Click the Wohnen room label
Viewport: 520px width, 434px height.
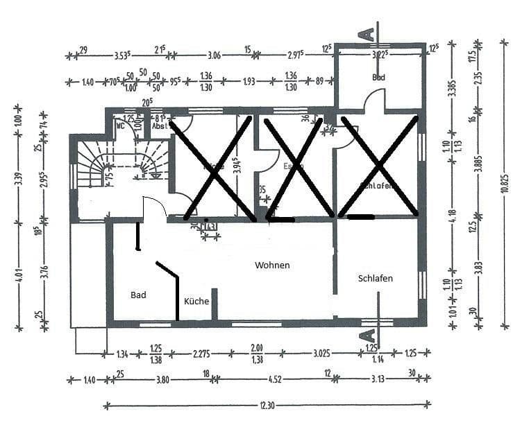point(272,266)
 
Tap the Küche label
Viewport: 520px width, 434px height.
point(196,302)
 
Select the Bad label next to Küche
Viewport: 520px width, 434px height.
point(139,295)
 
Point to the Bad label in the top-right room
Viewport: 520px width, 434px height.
point(378,77)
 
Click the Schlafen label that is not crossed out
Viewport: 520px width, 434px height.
point(376,279)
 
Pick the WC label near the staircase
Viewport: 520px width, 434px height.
point(121,127)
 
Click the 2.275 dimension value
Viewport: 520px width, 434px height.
point(202,353)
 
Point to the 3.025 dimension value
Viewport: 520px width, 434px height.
point(321,353)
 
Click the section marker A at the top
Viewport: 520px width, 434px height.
point(369,32)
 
